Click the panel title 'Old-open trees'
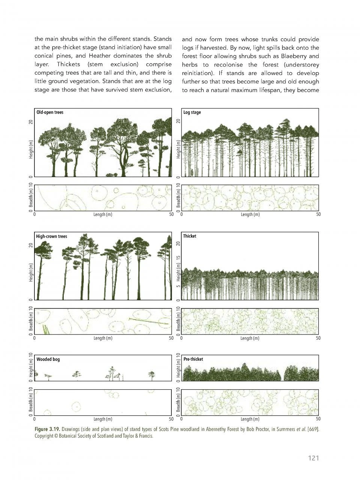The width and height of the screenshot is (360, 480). pos(50,112)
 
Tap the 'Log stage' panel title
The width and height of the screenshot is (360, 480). pos(192,112)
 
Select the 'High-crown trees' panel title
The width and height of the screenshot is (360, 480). pos(51,236)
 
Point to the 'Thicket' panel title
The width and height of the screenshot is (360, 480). pos(189,236)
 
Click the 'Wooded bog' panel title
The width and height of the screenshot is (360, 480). pos(48,359)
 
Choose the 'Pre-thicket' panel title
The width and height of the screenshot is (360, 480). pos(193,359)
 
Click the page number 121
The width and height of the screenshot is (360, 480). pos(313,458)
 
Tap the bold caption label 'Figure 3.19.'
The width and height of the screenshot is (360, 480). pos(47,429)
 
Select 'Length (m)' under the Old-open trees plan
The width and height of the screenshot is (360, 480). pos(103,215)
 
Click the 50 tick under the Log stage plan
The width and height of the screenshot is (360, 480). pos(318,215)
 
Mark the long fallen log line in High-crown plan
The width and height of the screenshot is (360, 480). pos(148,321)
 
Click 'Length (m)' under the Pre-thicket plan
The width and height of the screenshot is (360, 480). pos(250,419)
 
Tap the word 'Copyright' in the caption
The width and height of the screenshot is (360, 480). pos(44,436)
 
